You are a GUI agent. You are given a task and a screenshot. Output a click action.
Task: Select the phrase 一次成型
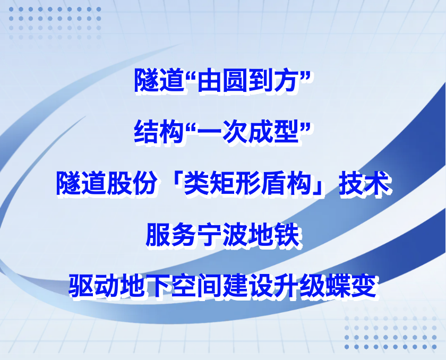coord(248,131)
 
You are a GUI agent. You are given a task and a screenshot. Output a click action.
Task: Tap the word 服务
coord(171,235)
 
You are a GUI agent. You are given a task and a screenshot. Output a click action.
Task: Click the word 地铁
coord(275,235)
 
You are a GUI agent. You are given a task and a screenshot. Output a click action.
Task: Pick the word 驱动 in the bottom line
coord(94,285)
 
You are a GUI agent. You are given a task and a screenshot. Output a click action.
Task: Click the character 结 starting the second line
coord(147,131)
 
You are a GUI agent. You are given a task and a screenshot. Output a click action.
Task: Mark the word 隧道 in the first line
coord(159,81)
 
